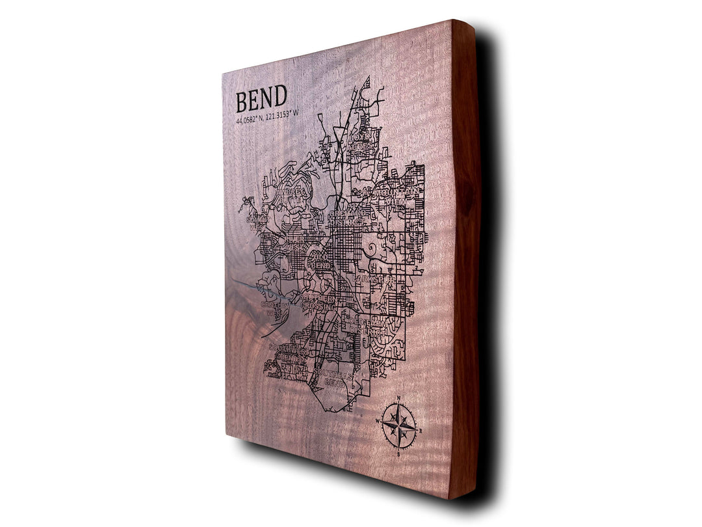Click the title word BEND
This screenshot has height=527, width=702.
coord(261,100)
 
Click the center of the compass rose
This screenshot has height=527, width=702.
coord(399,426)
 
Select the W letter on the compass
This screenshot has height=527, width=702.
coord(377,420)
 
